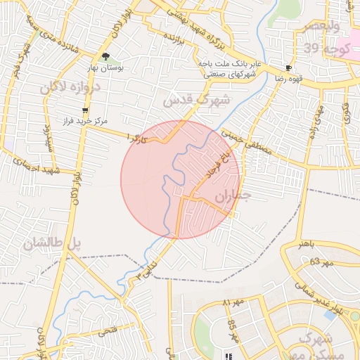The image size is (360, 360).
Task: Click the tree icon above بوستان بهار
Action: pyautogui.click(x=105, y=57)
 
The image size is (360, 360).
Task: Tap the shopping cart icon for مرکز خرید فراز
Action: pyautogui.click(x=86, y=110)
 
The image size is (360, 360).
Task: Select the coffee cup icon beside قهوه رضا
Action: pyautogui.click(x=288, y=68)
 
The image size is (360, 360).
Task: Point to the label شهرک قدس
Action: pyautogui.click(x=196, y=100)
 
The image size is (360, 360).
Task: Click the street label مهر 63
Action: pyautogui.click(x=320, y=262)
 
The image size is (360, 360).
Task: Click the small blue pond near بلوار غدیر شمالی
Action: pyautogui.click(x=355, y=316)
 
